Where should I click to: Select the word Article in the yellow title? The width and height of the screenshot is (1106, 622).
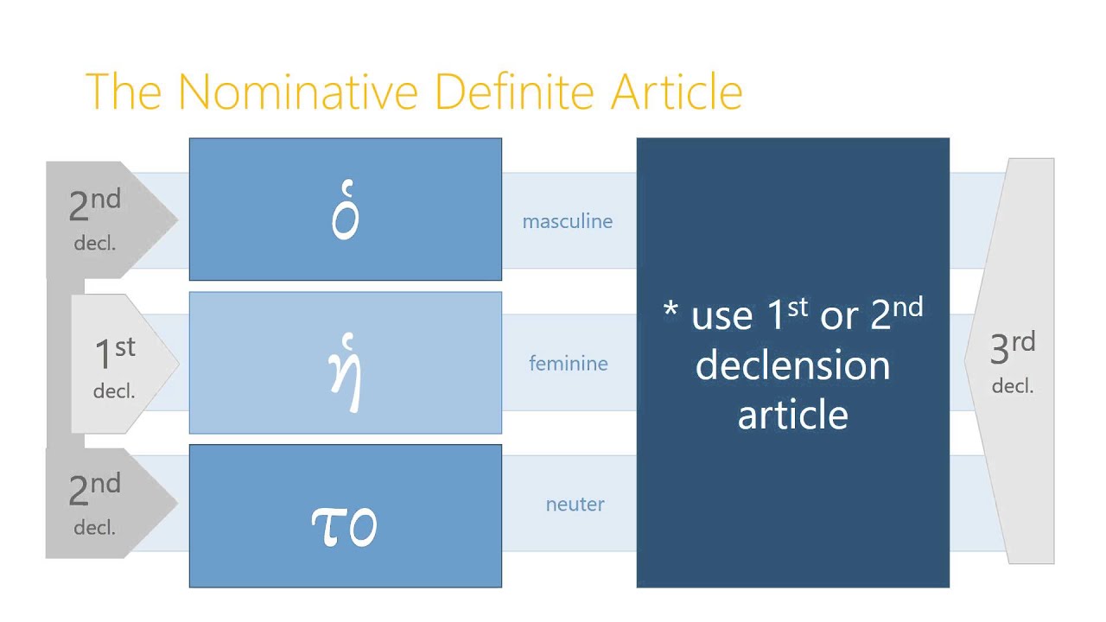point(676,91)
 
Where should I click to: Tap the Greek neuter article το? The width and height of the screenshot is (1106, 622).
point(344,524)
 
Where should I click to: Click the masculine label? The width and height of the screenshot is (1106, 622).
point(567,221)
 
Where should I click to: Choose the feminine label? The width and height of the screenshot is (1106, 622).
point(568,364)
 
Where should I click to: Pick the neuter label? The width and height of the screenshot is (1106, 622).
point(575,505)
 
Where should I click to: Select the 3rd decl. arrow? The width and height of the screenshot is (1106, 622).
point(1013,361)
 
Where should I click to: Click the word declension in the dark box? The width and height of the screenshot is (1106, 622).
point(792,365)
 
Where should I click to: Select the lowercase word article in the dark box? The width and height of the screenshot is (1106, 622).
point(792,415)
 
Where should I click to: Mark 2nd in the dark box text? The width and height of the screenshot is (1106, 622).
point(895,315)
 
